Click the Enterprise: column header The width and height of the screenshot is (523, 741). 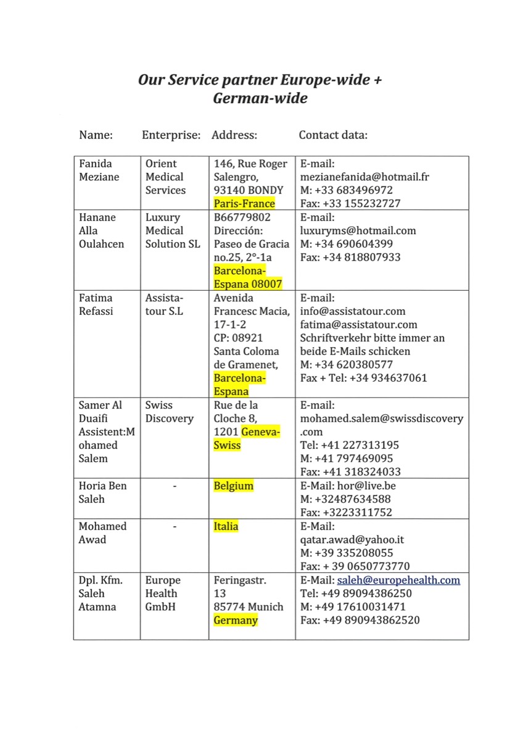pos(171,135)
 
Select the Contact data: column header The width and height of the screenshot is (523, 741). pos(333,135)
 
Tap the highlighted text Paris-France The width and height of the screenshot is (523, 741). pos(244,204)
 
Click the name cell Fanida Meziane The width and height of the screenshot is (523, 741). pos(99,170)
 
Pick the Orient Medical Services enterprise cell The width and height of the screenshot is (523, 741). pos(165,177)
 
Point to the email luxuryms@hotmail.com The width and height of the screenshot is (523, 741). pos(358,231)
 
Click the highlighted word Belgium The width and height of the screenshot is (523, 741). pos(233,486)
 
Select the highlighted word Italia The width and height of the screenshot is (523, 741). pos(226,527)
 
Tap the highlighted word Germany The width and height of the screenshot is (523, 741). pos(236,621)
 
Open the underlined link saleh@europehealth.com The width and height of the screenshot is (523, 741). pos(398,580)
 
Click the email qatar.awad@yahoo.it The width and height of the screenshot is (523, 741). pos(352,540)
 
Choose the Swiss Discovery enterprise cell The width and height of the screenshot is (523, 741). pos(169,412)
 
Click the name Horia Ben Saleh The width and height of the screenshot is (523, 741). pos(102,492)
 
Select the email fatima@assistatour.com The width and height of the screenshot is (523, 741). pos(358,325)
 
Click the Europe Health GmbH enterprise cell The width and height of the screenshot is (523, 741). pos(163,593)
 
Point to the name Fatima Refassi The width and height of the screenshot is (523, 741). pos(96,304)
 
